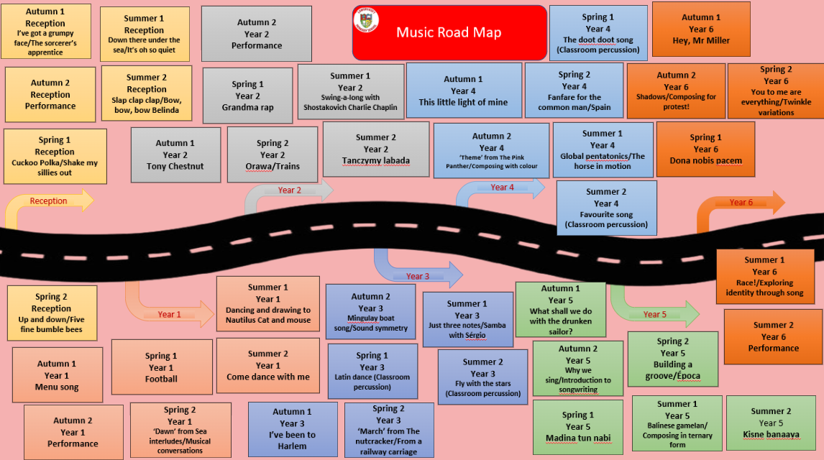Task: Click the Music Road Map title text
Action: tap(449, 32)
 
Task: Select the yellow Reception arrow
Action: tap(50, 202)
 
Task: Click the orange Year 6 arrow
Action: tap(741, 203)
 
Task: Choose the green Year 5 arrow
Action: tap(654, 313)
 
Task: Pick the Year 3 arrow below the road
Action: tap(418, 275)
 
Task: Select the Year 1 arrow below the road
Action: tap(169, 313)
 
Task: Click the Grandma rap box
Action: tap(247, 96)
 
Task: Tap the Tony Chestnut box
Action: tap(175, 155)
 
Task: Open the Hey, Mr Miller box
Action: tap(700, 29)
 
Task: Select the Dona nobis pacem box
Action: tap(705, 149)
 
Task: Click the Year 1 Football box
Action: tap(161, 367)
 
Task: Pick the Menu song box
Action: tap(56, 375)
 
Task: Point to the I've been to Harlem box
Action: tap(292, 429)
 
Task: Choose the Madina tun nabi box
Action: tap(577, 427)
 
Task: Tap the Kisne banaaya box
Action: tap(770, 423)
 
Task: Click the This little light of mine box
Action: tap(463, 91)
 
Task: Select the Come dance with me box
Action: tap(267, 365)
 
